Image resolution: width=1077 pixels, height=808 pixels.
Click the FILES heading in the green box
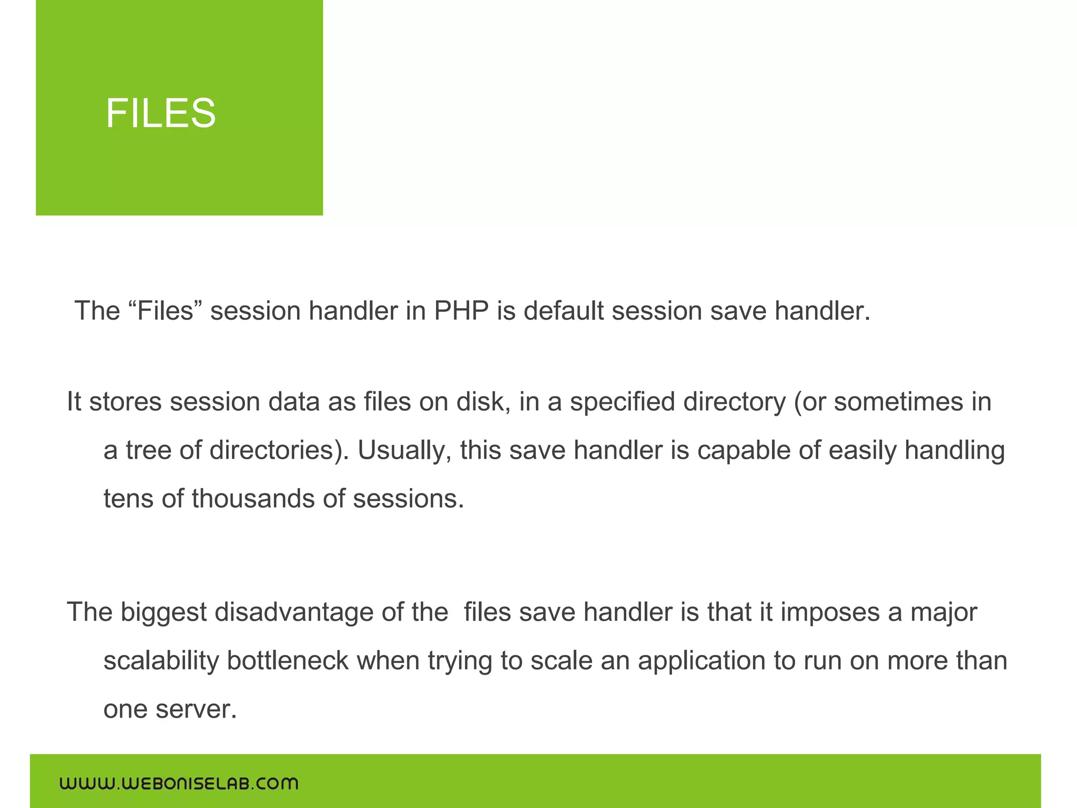click(x=160, y=113)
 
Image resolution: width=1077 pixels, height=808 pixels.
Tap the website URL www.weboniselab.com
click(x=179, y=783)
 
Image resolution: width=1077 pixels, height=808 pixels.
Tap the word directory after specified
click(x=734, y=402)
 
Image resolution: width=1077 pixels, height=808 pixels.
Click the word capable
click(x=744, y=450)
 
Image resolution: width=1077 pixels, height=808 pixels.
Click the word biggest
click(x=164, y=612)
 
